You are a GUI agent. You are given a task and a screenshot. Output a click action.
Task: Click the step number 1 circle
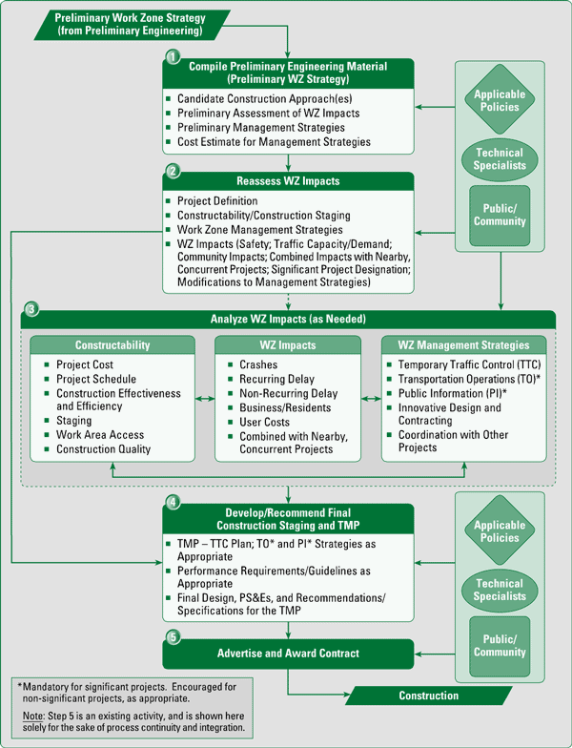(x=173, y=58)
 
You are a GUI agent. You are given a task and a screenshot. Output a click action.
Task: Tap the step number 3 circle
(x=32, y=310)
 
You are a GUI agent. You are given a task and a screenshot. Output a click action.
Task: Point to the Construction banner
(x=428, y=696)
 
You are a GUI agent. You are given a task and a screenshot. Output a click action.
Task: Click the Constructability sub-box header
(x=112, y=344)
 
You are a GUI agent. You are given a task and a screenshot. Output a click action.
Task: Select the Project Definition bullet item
(x=217, y=201)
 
